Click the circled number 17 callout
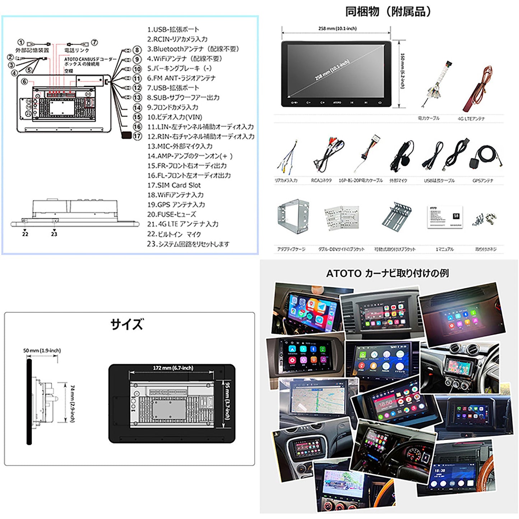pos(137,136)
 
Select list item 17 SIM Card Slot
pos(174,185)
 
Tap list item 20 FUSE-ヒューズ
pos(172,214)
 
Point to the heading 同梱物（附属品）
pos(388,12)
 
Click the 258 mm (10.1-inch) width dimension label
pos(337,28)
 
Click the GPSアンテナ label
pos(483,181)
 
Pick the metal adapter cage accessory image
pos(293,217)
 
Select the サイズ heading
pos(127,324)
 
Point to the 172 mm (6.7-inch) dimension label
pos(173,368)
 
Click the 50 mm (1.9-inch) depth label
pos(42,350)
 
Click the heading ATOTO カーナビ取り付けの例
pos(387,273)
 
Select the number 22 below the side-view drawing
pos(25,234)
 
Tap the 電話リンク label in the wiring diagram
pos(77,50)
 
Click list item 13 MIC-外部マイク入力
pos(180,146)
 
